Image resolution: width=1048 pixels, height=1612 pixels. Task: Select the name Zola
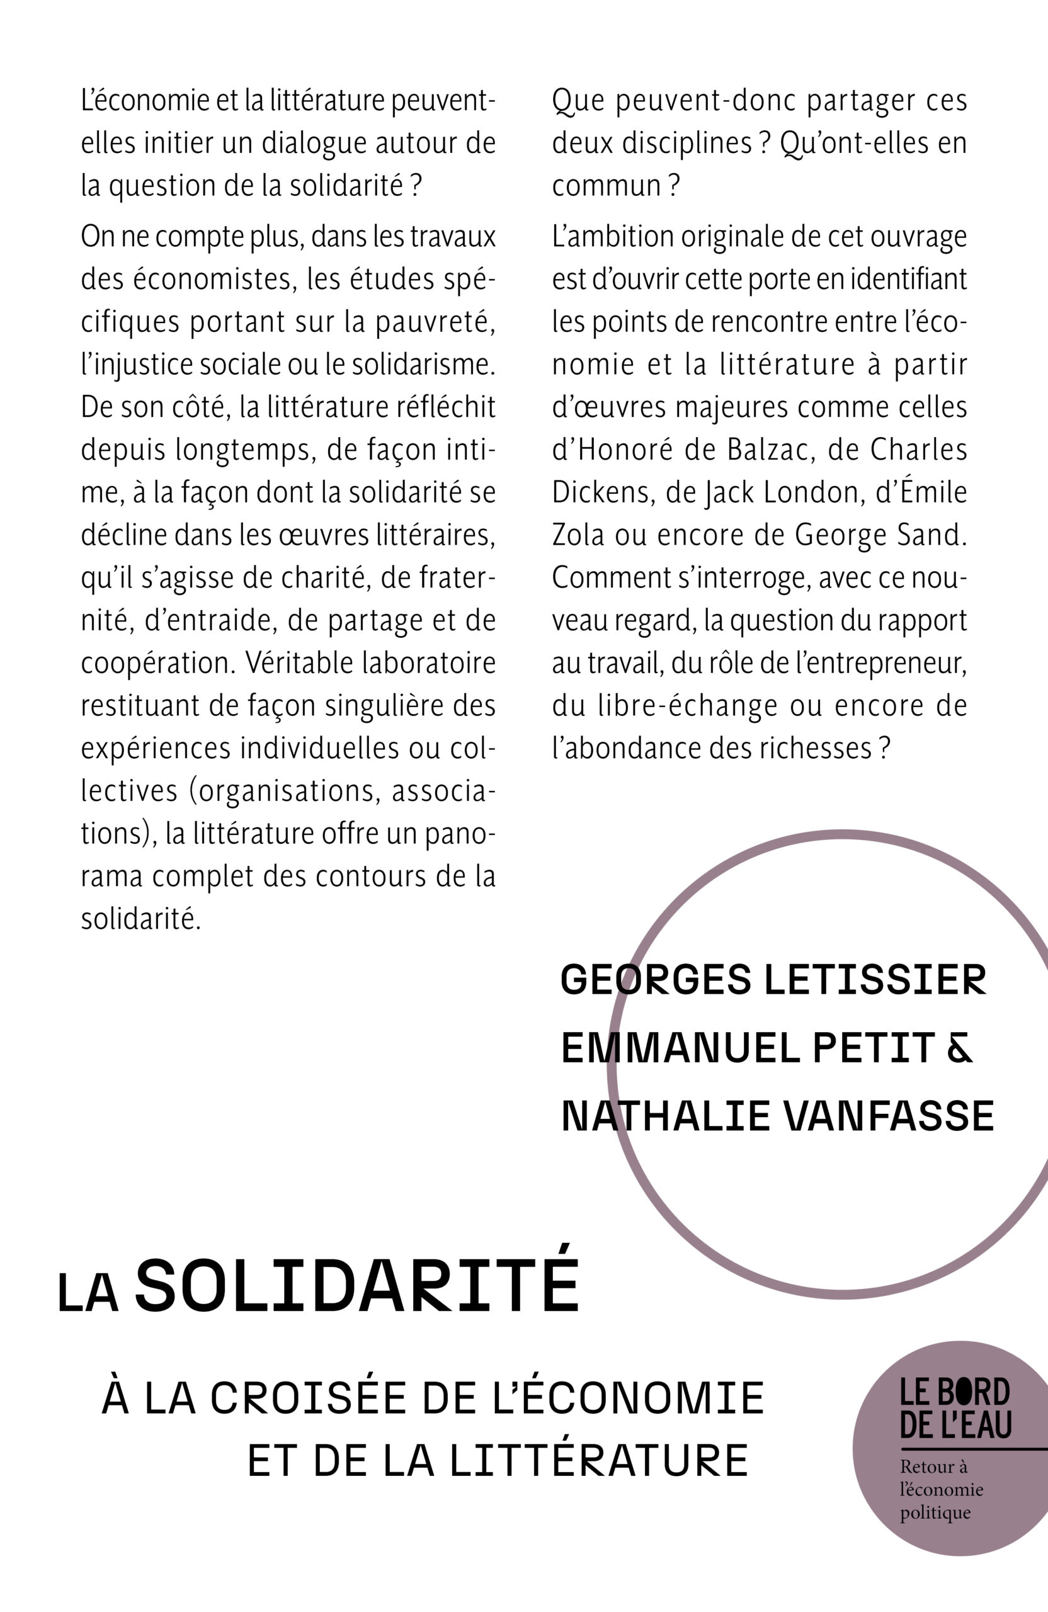point(578,536)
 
